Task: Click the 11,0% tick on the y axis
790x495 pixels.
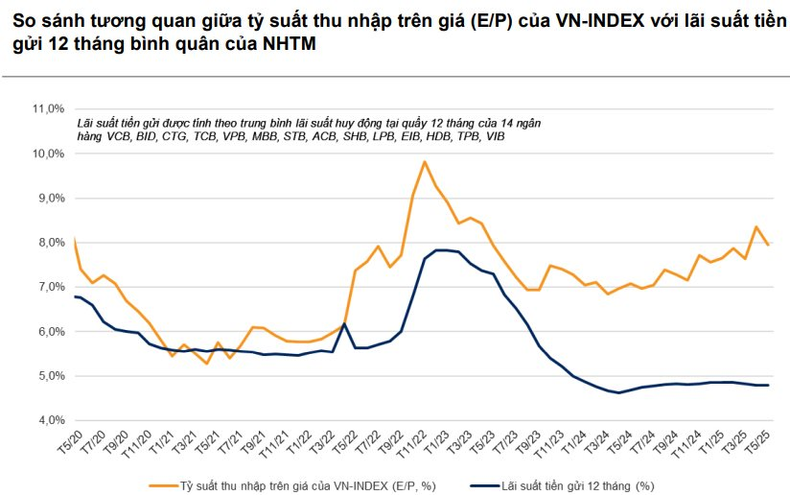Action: point(49,108)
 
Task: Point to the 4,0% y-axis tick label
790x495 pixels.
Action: point(49,420)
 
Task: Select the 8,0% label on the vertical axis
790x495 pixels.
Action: point(49,243)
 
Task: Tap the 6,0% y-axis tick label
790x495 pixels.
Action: point(49,332)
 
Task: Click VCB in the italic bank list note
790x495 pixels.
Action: point(117,137)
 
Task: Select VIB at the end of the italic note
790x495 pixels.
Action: point(496,137)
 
